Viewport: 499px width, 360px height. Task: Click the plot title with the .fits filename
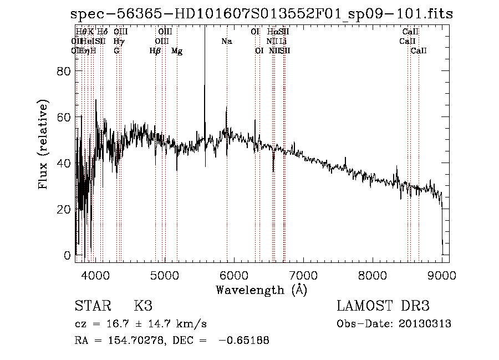click(x=262, y=14)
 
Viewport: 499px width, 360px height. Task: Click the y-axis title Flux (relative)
click(x=43, y=144)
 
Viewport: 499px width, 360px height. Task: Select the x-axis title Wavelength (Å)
click(x=261, y=290)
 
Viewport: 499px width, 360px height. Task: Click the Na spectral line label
click(x=226, y=41)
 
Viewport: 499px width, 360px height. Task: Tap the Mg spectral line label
click(x=177, y=51)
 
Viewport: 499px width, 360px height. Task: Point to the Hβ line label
click(x=155, y=51)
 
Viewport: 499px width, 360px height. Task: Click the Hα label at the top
click(x=272, y=32)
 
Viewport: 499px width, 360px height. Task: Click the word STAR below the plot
click(x=92, y=306)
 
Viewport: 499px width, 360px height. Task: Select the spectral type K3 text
click(x=143, y=306)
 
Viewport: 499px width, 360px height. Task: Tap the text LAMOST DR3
click(x=383, y=306)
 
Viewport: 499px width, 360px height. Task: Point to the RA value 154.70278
click(x=126, y=341)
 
